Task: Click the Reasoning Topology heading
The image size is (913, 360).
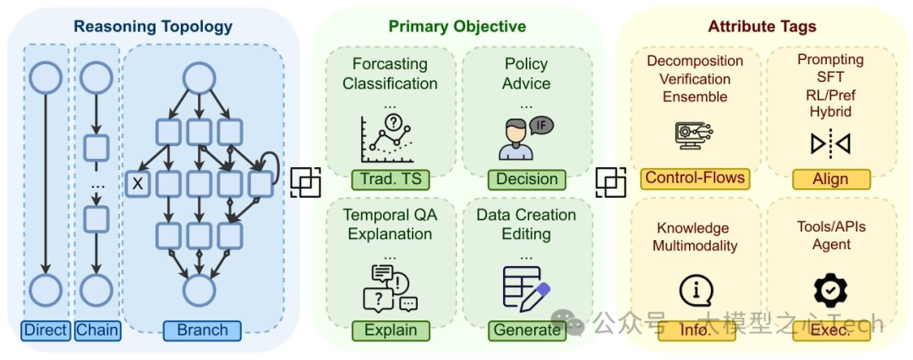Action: pyautogui.click(x=153, y=26)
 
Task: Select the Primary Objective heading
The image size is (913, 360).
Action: pyautogui.click(x=457, y=26)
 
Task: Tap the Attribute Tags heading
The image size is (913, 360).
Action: pyautogui.click(x=762, y=26)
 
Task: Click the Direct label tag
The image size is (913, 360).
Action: pyautogui.click(x=46, y=330)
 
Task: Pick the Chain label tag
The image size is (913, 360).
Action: pyautogui.click(x=96, y=330)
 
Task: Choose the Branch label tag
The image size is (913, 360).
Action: pyautogui.click(x=202, y=330)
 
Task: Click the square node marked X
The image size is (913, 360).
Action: pyautogui.click(x=137, y=182)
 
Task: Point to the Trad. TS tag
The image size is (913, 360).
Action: pyautogui.click(x=390, y=179)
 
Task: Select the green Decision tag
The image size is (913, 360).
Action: pyautogui.click(x=526, y=179)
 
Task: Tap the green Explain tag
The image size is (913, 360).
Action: pyautogui.click(x=390, y=330)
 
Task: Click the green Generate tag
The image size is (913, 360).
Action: pyautogui.click(x=526, y=330)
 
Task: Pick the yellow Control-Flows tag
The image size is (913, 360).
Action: pyautogui.click(x=695, y=177)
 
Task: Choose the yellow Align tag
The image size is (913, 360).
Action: pyautogui.click(x=831, y=179)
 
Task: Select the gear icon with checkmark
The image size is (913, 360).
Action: pyautogui.click(x=830, y=290)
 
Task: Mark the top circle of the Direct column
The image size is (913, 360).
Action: pyautogui.click(x=46, y=79)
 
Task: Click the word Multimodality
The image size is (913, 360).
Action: pyautogui.click(x=695, y=246)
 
